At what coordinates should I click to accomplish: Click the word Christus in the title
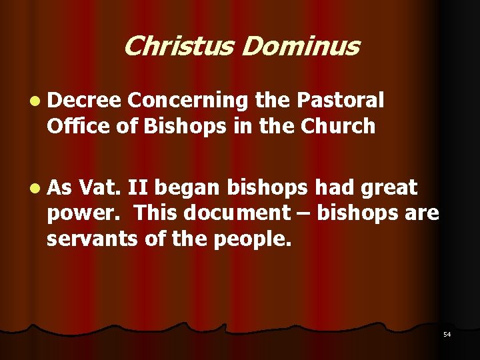coord(178,47)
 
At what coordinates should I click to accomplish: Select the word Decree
coord(83,101)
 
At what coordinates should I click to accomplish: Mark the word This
coord(155,213)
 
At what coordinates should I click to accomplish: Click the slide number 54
coord(447,334)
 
